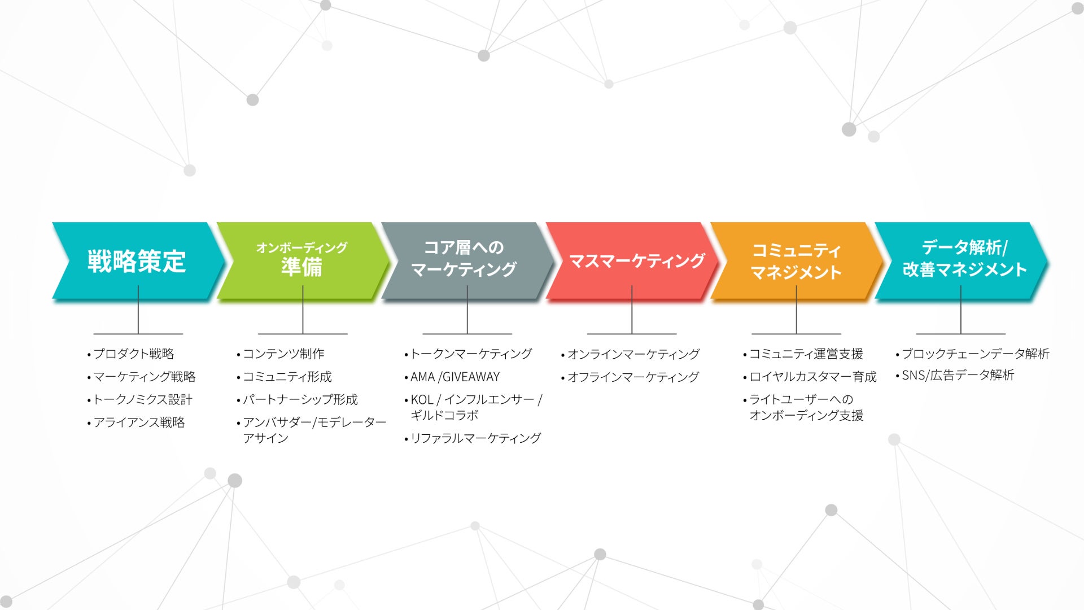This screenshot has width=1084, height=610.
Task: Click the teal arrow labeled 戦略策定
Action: click(137, 261)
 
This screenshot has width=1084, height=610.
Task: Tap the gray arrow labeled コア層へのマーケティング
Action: click(464, 259)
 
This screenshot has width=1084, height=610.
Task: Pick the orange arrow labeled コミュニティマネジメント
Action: click(796, 261)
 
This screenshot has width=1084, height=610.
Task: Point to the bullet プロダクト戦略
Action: click(133, 354)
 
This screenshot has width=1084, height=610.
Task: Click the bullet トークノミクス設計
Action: click(142, 400)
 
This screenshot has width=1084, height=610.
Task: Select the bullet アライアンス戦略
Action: click(139, 422)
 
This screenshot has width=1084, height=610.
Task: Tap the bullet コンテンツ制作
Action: click(283, 354)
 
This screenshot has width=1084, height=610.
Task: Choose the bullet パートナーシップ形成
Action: click(300, 400)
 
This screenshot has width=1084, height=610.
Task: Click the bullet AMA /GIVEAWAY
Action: click(455, 377)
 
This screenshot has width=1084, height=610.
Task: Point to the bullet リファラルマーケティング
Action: click(475, 438)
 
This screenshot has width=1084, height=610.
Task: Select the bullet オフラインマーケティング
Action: click(633, 377)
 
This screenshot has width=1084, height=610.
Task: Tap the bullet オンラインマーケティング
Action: click(633, 354)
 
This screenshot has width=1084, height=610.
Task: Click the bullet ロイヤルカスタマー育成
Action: click(812, 377)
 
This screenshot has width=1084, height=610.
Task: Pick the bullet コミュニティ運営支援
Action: click(806, 354)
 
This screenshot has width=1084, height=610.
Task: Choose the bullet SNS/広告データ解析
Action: click(958, 375)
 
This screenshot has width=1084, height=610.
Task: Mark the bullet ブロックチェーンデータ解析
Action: click(975, 354)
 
